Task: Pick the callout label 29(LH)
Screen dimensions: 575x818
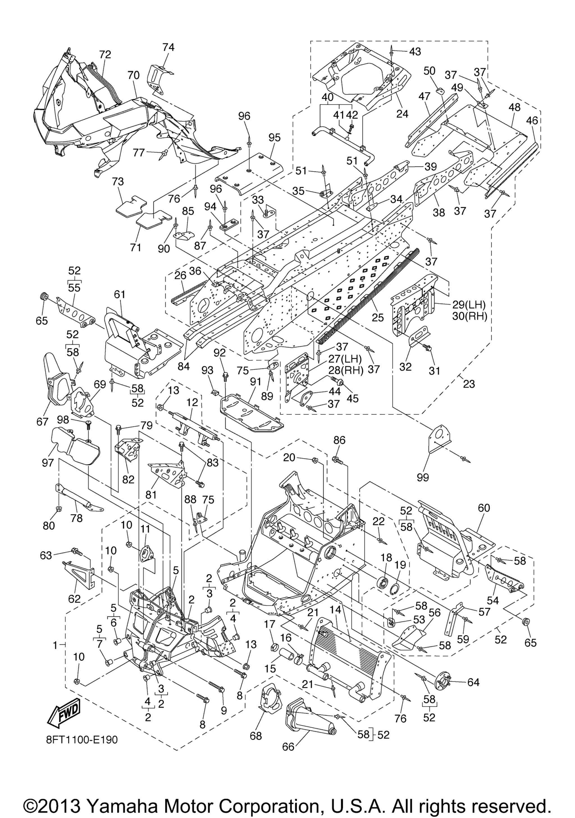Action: (x=469, y=305)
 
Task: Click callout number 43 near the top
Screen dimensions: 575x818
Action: (x=415, y=52)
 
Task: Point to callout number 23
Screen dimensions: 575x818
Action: (x=469, y=384)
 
